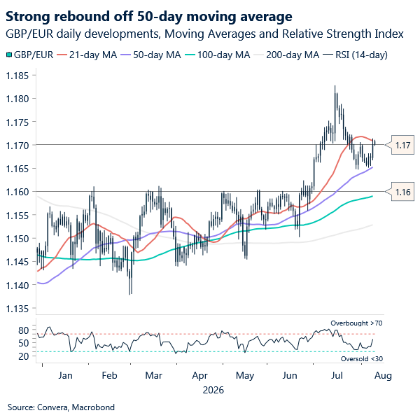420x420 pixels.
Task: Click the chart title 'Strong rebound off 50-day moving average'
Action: coord(149,17)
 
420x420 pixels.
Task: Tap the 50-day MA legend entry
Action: coord(150,55)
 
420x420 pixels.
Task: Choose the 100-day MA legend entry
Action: coord(218,55)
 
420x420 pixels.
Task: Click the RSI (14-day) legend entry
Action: coord(355,55)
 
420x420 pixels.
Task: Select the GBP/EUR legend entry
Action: coord(29,55)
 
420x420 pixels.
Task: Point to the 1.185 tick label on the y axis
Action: coord(17,76)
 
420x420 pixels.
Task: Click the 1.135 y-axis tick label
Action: coord(17,309)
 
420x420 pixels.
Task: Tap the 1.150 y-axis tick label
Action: coord(17,239)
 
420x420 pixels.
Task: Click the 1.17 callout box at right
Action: coord(400,145)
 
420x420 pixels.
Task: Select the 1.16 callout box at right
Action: coord(400,192)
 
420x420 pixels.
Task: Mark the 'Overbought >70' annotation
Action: coord(356,323)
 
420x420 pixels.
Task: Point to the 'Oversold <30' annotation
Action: coord(362,358)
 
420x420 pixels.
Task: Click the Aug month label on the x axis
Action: coord(383,375)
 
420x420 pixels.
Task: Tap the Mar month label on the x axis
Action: coord(154,375)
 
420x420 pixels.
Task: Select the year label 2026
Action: coord(213,390)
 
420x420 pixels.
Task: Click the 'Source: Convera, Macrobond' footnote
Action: coord(61,407)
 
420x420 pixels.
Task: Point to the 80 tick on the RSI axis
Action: coord(24,330)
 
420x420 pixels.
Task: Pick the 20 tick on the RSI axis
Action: coord(24,356)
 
